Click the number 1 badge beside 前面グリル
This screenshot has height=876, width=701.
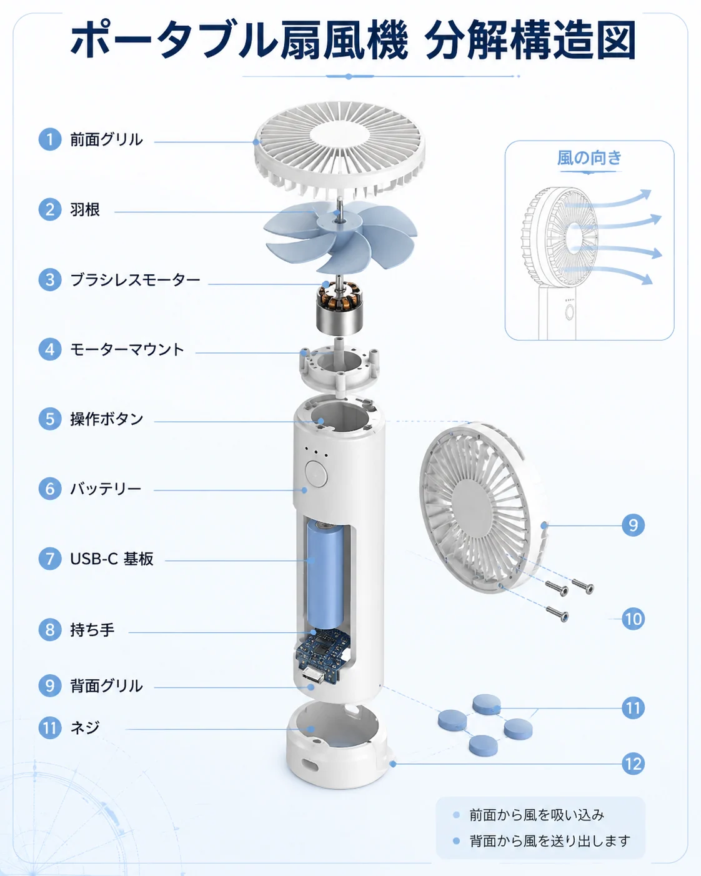click(50, 139)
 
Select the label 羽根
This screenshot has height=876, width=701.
click(85, 210)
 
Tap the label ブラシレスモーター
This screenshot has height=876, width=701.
click(135, 280)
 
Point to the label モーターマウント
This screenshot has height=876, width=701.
click(127, 349)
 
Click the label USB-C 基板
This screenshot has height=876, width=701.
click(112, 559)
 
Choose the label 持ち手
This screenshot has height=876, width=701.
click(92, 630)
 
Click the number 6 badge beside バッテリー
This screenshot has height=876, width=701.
click(50, 489)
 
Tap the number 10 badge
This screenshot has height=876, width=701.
click(633, 619)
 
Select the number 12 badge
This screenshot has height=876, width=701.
click(633, 764)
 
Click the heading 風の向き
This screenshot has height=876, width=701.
click(589, 158)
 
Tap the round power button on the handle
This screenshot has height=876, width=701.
click(316, 474)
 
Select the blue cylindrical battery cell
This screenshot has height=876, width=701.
click(326, 575)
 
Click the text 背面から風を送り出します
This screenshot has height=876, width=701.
click(550, 841)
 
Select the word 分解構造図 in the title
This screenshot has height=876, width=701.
click(530, 41)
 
